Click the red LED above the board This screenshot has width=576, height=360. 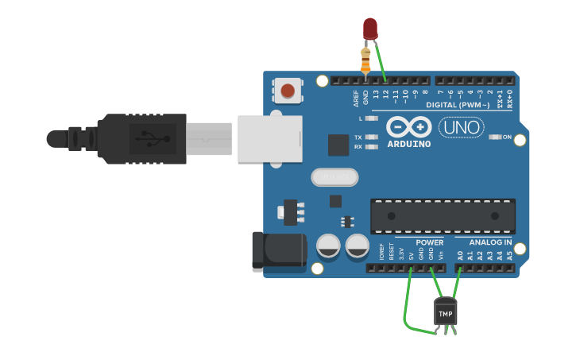coord(370,28)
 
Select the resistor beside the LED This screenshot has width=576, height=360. coord(365,60)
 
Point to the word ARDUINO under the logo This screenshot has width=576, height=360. coord(409,145)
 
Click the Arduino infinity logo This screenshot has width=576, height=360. coord(409,127)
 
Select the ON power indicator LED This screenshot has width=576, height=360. coord(496,137)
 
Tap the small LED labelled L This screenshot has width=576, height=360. coord(371,118)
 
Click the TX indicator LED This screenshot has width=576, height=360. coord(371,137)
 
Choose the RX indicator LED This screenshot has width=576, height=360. coord(371,147)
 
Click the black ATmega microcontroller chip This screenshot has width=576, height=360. coord(443,215)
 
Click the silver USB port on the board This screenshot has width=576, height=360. coord(270,137)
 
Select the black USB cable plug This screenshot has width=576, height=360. coord(143,138)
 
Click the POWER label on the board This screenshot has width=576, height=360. coord(430,242)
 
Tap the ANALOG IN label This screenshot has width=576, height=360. coord(490,242)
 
